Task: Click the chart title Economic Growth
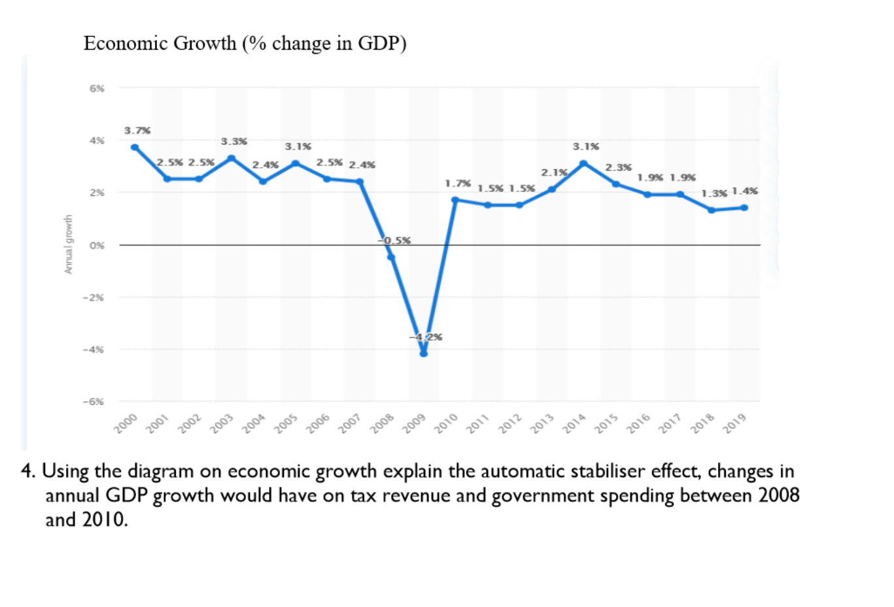pyautogui.click(x=245, y=43)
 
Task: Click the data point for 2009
pyautogui.click(x=423, y=353)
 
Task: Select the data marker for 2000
pyautogui.click(x=135, y=147)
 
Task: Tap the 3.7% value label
pyautogui.click(x=137, y=131)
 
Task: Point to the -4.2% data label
pyautogui.click(x=426, y=337)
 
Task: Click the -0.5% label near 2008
pyautogui.click(x=394, y=240)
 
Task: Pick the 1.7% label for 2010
pyautogui.click(x=458, y=184)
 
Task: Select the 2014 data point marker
pyautogui.click(x=583, y=163)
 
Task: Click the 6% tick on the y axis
pyautogui.click(x=97, y=88)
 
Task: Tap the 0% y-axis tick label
pyautogui.click(x=97, y=246)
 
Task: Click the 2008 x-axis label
pyautogui.click(x=382, y=423)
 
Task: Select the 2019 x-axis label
pyautogui.click(x=734, y=423)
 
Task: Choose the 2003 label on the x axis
pyautogui.click(x=222, y=423)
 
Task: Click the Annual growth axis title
pyautogui.click(x=68, y=244)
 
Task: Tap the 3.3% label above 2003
pyautogui.click(x=233, y=141)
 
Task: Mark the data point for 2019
pyautogui.click(x=744, y=208)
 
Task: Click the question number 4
pyautogui.click(x=27, y=471)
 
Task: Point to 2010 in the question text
pyautogui.click(x=104, y=520)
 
